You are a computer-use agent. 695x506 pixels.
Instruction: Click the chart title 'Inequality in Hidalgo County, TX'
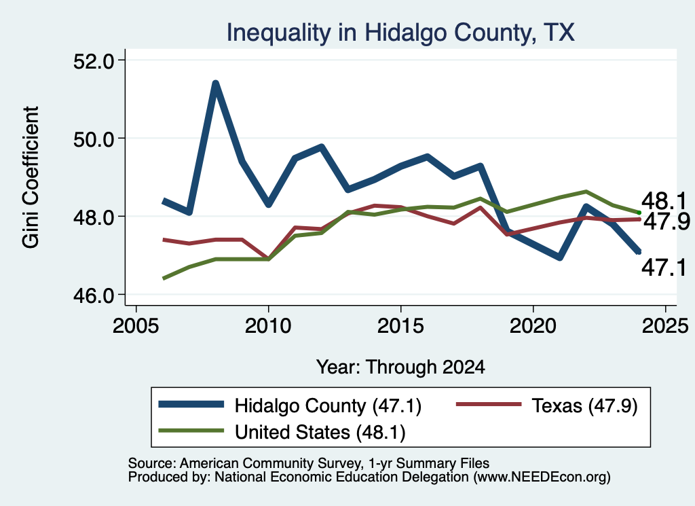(x=400, y=33)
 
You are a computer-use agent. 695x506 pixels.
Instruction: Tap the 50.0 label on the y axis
(x=94, y=139)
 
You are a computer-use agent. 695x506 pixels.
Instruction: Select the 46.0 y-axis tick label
(x=94, y=295)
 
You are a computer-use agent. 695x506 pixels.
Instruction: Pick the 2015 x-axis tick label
(x=400, y=326)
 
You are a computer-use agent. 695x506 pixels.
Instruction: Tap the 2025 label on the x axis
(x=665, y=326)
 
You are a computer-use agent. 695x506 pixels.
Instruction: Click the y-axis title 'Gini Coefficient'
(x=31, y=177)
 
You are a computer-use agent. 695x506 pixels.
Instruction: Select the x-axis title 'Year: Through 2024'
(x=400, y=367)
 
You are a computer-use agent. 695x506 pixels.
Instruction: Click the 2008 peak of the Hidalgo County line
(x=215, y=84)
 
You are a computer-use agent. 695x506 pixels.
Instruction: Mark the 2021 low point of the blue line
(x=560, y=257)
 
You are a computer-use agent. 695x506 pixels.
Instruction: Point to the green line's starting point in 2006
(x=164, y=278)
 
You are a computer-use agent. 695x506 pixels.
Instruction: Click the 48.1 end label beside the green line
(x=664, y=201)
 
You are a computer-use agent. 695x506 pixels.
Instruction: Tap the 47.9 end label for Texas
(x=666, y=221)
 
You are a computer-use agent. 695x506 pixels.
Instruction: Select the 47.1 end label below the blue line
(x=664, y=268)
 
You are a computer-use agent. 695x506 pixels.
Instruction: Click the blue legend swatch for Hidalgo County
(x=191, y=404)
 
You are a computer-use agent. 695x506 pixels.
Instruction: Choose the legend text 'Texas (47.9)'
(x=584, y=406)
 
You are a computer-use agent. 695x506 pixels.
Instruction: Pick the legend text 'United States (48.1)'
(x=320, y=433)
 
